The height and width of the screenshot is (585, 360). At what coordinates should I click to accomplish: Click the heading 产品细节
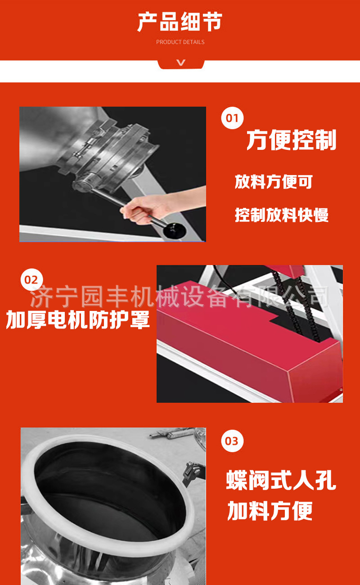click(x=180, y=22)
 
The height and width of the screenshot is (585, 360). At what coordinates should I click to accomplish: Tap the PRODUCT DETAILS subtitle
click(x=180, y=42)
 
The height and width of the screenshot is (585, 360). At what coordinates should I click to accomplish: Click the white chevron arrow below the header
click(x=181, y=63)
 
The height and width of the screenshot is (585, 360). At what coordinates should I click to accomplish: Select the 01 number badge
click(x=232, y=118)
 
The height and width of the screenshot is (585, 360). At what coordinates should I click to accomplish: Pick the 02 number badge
click(x=31, y=280)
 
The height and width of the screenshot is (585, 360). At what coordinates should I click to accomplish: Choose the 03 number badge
click(x=232, y=441)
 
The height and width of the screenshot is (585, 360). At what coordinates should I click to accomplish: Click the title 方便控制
click(x=291, y=140)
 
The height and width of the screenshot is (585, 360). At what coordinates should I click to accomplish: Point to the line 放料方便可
click(x=274, y=182)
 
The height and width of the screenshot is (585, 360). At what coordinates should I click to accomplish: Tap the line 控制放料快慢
click(x=282, y=215)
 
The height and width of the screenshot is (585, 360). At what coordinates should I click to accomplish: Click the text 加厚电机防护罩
click(x=78, y=319)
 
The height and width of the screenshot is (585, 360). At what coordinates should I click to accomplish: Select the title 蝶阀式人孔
click(x=281, y=480)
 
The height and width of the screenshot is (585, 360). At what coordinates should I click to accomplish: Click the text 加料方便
click(x=270, y=511)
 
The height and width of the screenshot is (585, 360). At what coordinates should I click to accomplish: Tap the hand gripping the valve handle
click(x=146, y=206)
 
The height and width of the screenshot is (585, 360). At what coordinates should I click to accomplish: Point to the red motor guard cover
click(x=249, y=342)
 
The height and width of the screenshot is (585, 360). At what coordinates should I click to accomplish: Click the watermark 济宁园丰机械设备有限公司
click(x=180, y=297)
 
